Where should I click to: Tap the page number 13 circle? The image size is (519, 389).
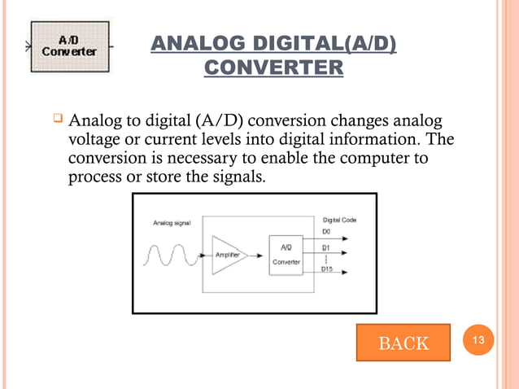[x=480, y=341]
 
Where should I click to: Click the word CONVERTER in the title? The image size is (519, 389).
[x=273, y=68]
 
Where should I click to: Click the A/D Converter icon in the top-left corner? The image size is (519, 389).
[x=69, y=46]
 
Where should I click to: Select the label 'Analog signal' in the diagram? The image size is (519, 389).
[x=172, y=222]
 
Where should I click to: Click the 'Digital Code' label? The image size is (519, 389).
[x=340, y=220]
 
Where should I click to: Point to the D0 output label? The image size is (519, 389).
[x=326, y=230]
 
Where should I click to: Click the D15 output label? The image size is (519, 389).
[x=328, y=269]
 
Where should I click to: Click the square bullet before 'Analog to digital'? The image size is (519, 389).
[x=58, y=121]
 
